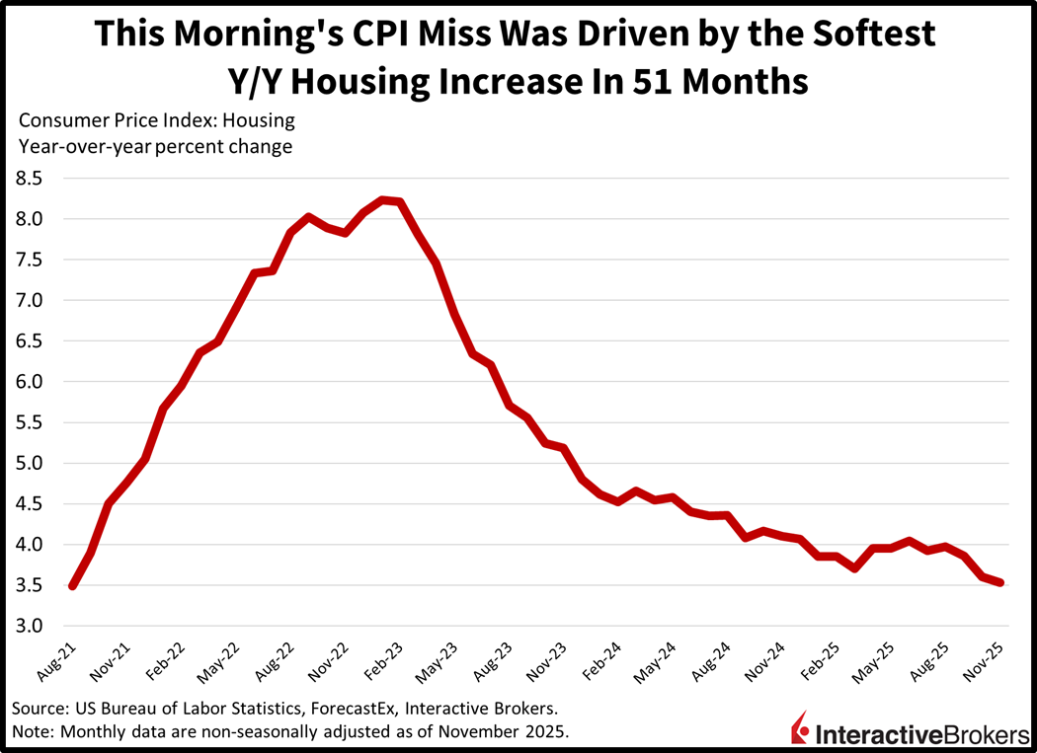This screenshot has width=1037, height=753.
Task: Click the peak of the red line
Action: pyautogui.click(x=383, y=199)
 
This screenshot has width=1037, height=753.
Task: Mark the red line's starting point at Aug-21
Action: pyautogui.click(x=72, y=585)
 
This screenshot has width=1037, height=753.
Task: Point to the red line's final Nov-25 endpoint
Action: pyautogui.click(x=1000, y=582)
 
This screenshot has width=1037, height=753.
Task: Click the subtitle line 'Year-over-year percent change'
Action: pyautogui.click(x=155, y=147)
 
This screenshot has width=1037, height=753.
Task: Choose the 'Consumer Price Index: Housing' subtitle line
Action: pyautogui.click(x=156, y=121)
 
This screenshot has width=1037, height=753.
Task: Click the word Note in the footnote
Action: pyautogui.click(x=32, y=731)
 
